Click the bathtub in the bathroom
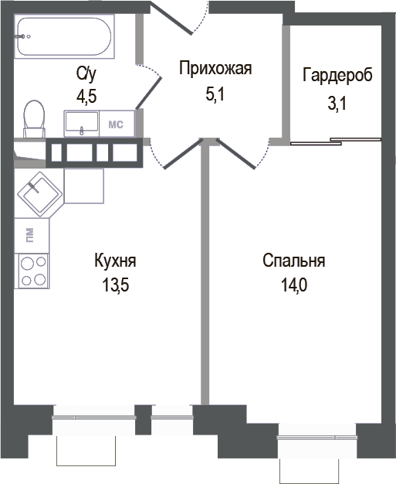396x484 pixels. (65, 36)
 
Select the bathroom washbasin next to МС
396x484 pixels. (81, 123)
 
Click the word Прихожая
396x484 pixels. (215, 69)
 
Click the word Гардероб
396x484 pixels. (337, 76)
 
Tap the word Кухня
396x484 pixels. (115, 261)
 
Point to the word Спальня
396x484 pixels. (293, 261)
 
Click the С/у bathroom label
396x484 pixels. (86, 73)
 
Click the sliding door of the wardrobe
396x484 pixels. (336, 141)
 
